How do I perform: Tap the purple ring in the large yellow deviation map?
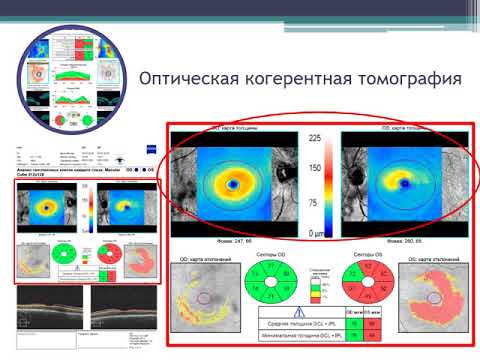pos(204,297)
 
